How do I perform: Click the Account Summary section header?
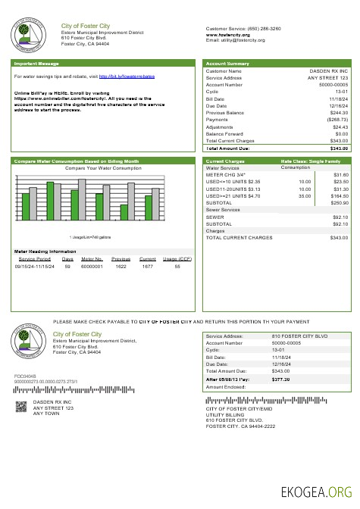click(227, 64)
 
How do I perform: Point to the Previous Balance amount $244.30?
click(338, 113)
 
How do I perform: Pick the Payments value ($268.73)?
click(337, 119)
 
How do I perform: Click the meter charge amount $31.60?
click(340, 175)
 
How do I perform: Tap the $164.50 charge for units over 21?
click(339, 195)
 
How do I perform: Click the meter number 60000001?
click(92, 267)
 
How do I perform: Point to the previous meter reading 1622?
click(121, 267)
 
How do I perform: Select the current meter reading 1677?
click(147, 267)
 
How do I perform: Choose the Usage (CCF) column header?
click(177, 259)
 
